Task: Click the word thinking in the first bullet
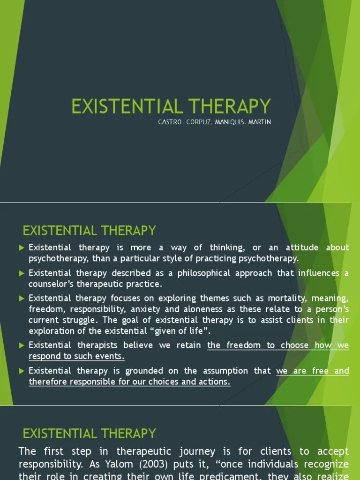point(225,247)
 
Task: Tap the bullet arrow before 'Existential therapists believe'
point(22,345)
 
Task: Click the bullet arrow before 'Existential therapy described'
point(22,273)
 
